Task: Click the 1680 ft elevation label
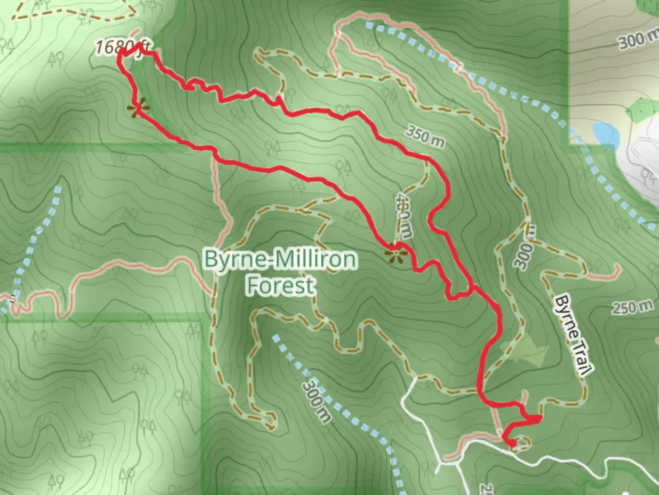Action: (x=123, y=47)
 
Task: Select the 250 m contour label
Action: (x=632, y=307)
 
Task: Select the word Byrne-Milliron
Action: (x=280, y=259)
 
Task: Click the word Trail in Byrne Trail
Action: (x=580, y=355)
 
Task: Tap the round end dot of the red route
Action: (x=513, y=443)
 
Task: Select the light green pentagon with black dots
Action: (x=640, y=110)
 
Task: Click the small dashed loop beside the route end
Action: (x=524, y=442)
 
